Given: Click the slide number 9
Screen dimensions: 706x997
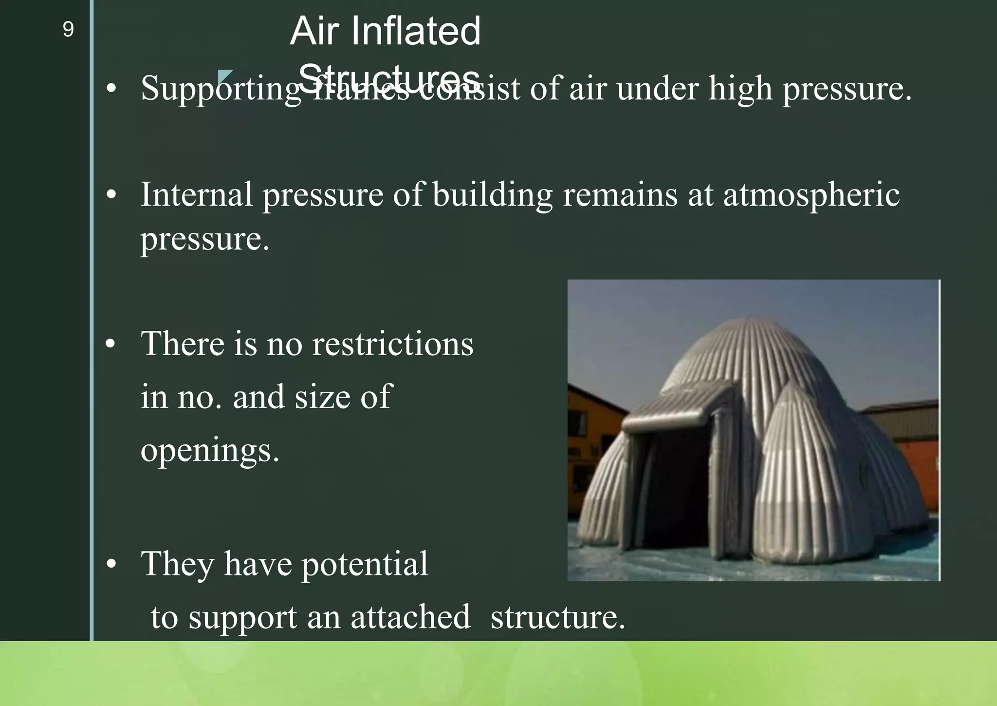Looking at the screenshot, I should [x=68, y=30].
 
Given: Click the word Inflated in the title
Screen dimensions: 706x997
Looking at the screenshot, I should [x=415, y=31].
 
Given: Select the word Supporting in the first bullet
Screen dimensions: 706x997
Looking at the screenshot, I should [x=221, y=90].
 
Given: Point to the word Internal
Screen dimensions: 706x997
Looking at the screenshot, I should [x=197, y=195].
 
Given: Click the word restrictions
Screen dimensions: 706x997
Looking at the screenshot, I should [x=392, y=344].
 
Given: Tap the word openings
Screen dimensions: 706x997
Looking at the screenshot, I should [x=209, y=450].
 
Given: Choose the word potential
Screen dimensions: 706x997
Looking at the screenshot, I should [x=365, y=564].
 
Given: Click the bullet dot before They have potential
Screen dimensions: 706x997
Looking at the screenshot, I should [x=111, y=564].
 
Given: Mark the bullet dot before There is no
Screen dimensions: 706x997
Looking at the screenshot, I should [x=111, y=344].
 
